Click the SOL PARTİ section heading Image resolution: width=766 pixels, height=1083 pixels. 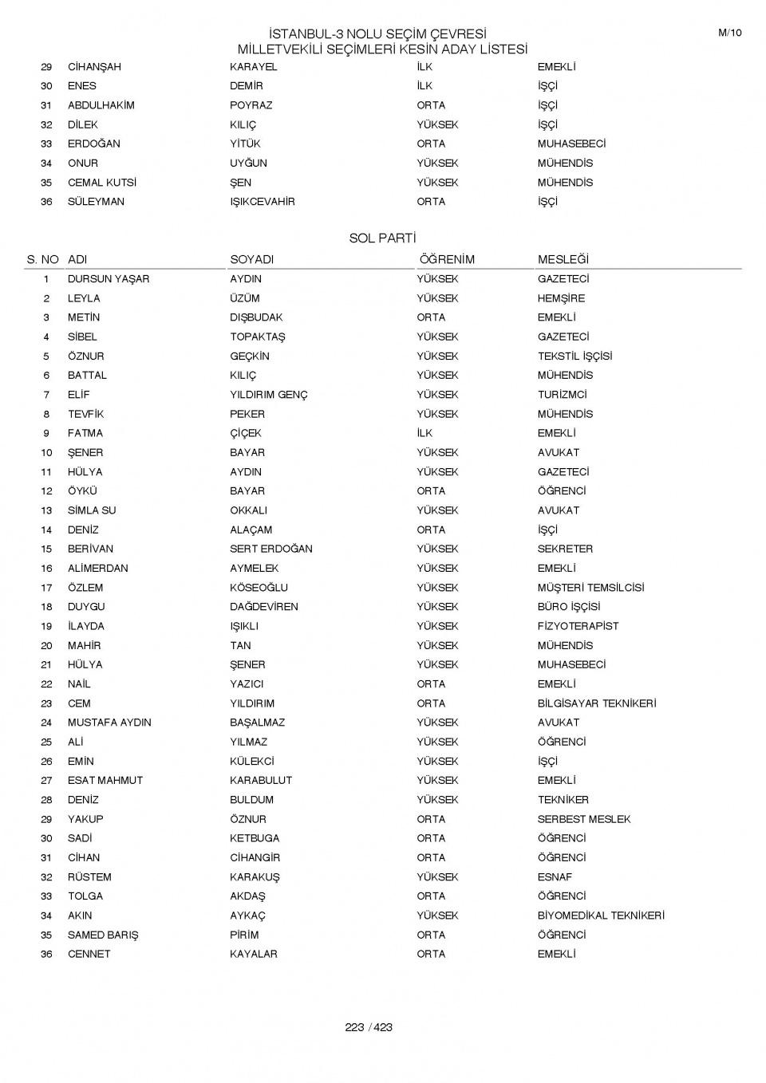[x=382, y=238]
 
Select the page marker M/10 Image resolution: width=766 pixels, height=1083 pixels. [x=729, y=33]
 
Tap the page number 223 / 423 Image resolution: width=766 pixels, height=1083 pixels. [x=369, y=1027]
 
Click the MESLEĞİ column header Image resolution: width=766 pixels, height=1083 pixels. [x=563, y=259]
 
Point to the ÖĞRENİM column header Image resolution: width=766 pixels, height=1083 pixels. [x=446, y=259]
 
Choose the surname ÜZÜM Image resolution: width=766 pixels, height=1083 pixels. [x=245, y=298]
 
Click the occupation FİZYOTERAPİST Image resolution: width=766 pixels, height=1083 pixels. [x=578, y=626]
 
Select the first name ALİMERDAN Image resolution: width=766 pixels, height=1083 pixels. [x=97, y=569]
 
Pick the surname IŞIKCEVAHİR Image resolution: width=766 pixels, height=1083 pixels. [x=263, y=202]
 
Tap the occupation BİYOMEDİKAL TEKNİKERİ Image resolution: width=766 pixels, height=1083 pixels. [x=601, y=916]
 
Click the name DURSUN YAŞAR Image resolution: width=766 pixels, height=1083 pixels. [x=109, y=279]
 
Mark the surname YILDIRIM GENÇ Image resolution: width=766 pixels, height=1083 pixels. [x=269, y=395]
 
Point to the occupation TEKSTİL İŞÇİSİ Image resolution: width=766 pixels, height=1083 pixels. [x=574, y=356]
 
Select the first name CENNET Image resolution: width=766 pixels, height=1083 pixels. [x=89, y=954]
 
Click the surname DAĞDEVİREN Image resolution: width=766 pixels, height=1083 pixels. [x=264, y=607]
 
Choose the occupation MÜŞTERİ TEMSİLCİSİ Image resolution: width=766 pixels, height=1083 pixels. [x=590, y=588]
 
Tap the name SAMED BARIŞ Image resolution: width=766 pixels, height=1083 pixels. [x=103, y=935]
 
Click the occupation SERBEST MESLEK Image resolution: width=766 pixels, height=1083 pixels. [x=583, y=819]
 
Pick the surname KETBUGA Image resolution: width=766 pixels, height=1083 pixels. [x=255, y=838]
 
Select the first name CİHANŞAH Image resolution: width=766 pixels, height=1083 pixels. [x=94, y=67]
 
